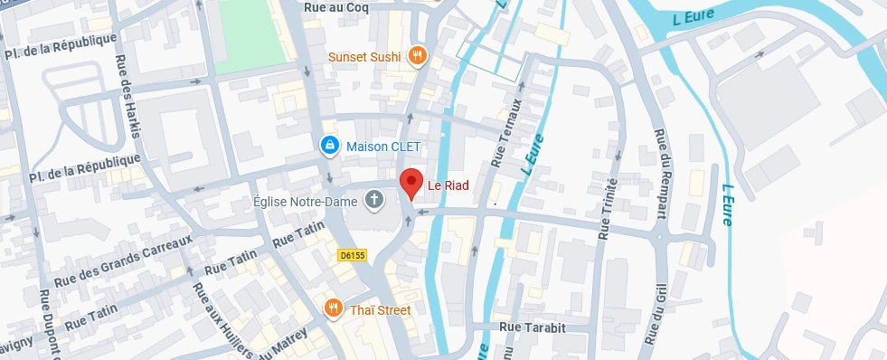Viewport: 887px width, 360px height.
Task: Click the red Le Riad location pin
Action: [411, 183]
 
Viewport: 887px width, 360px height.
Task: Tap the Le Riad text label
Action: [448, 185]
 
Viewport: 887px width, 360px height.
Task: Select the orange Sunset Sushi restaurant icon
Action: [417, 56]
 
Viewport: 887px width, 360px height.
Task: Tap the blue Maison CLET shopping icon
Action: [330, 145]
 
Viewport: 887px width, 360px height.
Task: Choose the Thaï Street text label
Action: [380, 310]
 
